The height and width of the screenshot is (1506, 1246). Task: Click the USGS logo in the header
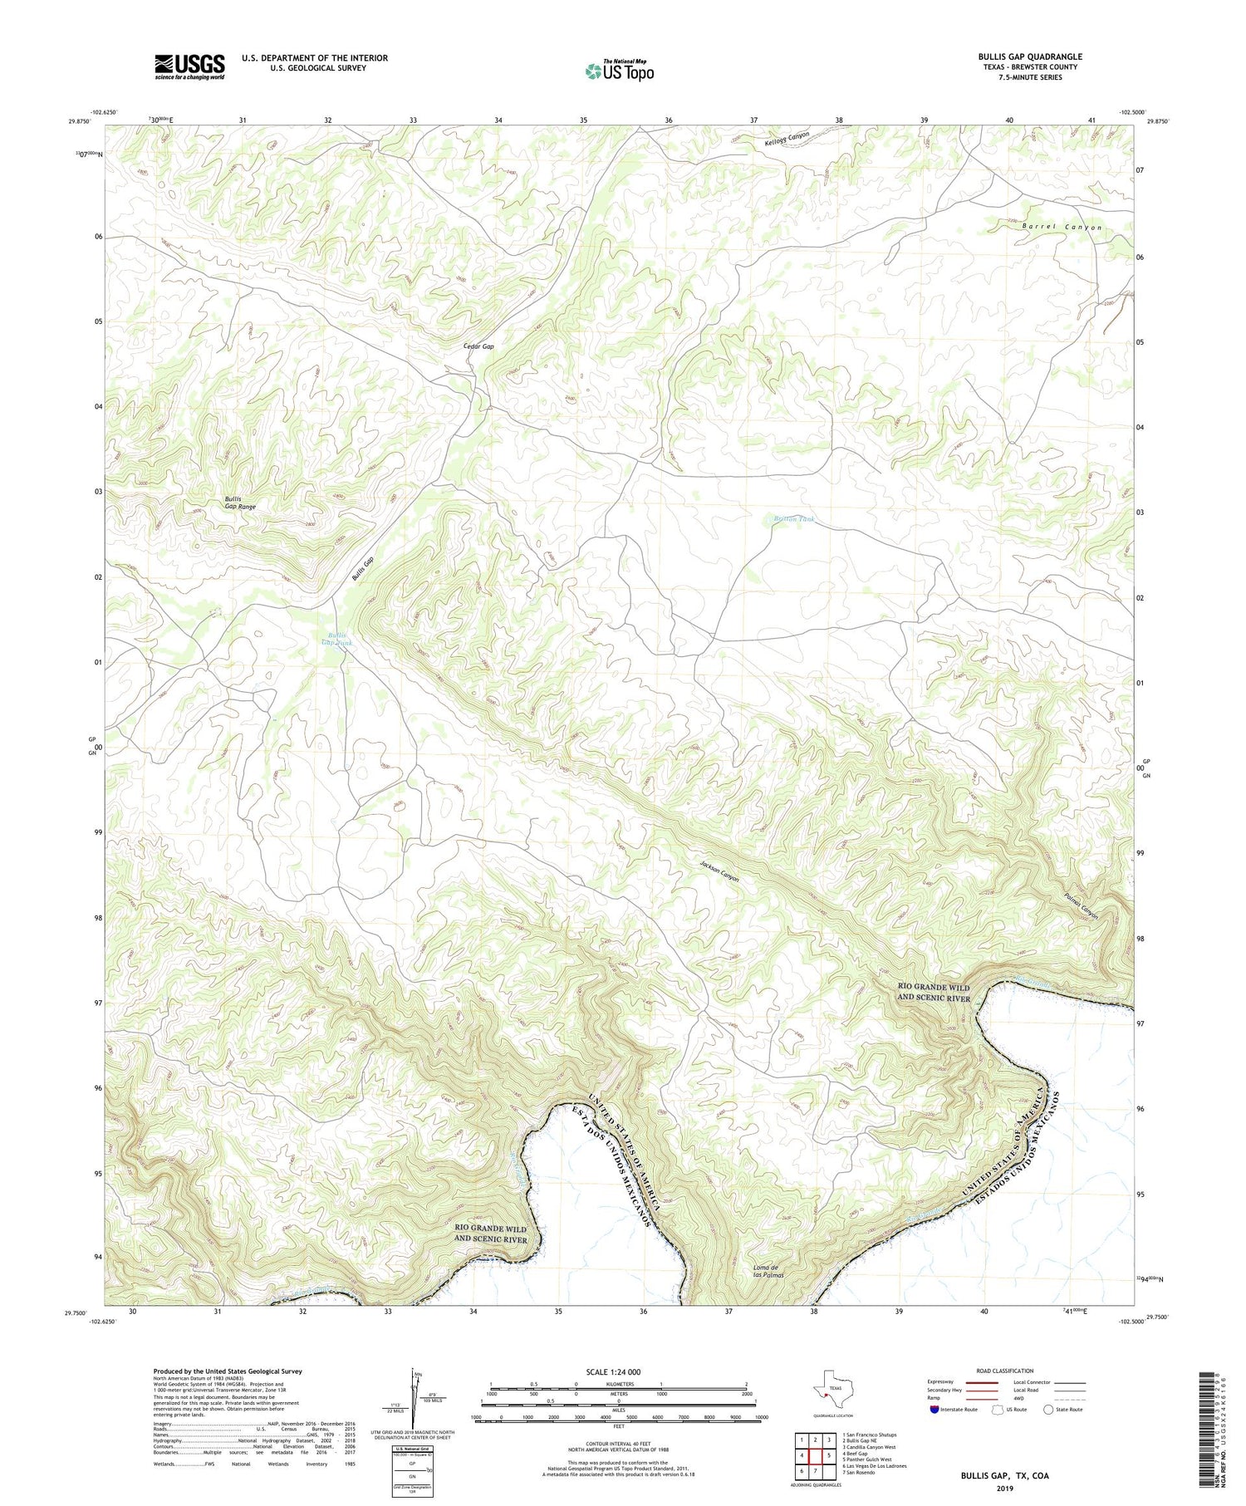[189, 66]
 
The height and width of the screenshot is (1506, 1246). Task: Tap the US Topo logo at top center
[619, 71]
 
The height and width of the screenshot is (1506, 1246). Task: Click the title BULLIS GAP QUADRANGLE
[1029, 56]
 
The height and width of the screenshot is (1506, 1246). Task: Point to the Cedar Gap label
[478, 346]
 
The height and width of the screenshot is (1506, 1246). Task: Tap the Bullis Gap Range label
[240, 503]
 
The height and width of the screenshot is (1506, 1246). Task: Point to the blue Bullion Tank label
[794, 518]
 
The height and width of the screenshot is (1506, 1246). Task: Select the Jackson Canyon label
[719, 871]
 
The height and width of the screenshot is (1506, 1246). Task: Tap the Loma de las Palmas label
[768, 1271]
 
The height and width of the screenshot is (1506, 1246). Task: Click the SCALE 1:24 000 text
[618, 1371]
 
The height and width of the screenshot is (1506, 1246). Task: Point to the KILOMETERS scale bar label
[619, 1384]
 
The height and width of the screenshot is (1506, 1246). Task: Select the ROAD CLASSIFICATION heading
[1004, 1371]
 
